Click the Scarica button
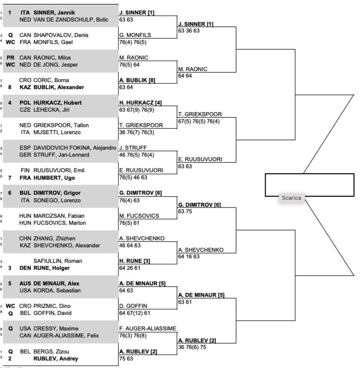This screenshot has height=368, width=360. coord(291,198)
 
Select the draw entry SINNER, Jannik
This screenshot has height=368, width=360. coord(54,13)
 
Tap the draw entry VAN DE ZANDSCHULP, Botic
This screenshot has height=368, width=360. coord(71,20)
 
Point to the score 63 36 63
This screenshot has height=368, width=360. coord(189,31)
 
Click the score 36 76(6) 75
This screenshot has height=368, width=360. coord(192,347)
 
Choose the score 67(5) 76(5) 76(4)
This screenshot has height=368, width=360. coord(199,121)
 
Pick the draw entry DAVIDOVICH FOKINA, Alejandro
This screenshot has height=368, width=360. coord(75,148)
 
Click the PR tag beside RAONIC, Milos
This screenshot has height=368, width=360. coord(10,58)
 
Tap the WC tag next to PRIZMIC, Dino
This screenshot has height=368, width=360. coord(10,306)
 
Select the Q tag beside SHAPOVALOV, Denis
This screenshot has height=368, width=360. coord(10,35)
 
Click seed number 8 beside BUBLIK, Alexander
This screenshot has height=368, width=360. coord(9,87)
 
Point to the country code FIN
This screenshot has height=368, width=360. coord(25,170)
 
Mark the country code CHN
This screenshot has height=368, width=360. coord(25,238)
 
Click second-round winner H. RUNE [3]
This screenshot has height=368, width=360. coord(134,261)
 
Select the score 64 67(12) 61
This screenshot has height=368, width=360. coord(134,313)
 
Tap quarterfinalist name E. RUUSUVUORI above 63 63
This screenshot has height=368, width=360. coord(200,160)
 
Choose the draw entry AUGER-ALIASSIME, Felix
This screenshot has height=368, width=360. coord(66,336)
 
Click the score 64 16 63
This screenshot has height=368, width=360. coord(189,256)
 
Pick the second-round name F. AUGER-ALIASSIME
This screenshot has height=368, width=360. coord(147,329)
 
